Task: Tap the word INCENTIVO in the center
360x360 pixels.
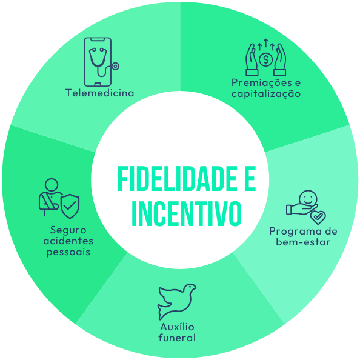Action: pos(187,213)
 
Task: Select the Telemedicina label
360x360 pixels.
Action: pos(99,93)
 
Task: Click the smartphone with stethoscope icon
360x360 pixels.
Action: pos(101,62)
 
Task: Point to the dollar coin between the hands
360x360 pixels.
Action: pos(265,59)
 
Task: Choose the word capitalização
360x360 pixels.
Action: pos(266,94)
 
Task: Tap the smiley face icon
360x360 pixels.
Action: pos(308,198)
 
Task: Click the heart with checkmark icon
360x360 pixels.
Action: pos(318,218)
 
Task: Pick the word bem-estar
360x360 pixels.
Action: pos(303,242)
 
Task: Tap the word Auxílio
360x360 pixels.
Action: pos(177,327)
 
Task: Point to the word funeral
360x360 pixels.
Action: pos(177,338)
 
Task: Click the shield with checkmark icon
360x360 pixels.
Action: pos(70,206)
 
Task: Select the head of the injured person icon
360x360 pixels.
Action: pos(52,185)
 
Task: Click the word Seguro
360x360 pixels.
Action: pos(68,230)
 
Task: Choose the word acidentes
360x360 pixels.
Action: pos(68,241)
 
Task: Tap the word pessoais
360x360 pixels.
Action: pos(68,252)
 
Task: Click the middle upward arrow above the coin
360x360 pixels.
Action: pos(266,43)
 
